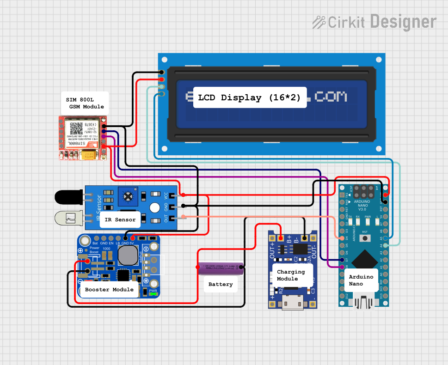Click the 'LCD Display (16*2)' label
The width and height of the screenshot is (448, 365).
click(250, 97)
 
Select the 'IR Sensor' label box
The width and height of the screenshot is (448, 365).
click(120, 219)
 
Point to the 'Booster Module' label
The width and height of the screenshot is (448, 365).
click(109, 290)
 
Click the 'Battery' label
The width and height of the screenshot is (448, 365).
click(221, 284)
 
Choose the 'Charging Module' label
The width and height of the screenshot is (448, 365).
click(291, 275)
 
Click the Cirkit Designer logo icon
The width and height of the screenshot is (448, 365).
click(319, 22)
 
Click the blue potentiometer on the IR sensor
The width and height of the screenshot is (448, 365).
click(128, 197)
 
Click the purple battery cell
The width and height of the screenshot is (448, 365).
click(221, 268)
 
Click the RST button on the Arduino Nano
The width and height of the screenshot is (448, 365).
click(365, 238)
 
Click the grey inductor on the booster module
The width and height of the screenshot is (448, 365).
click(128, 254)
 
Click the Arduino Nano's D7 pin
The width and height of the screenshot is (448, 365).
click(342, 260)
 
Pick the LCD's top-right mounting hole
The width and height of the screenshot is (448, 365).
click(379, 60)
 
